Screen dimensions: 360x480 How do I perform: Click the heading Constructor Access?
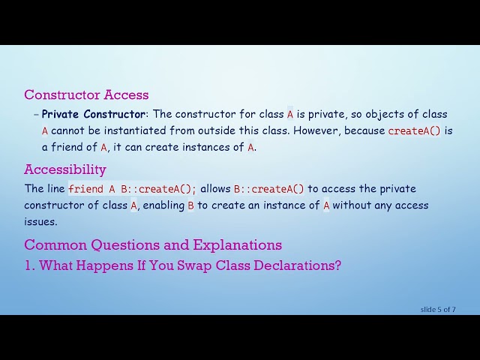coord(86,94)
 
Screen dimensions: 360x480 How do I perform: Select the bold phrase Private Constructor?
coord(94,114)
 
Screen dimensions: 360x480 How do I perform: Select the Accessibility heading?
coord(65,169)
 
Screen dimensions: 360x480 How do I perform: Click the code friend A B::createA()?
coord(132,189)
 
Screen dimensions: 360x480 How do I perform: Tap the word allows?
coord(215,189)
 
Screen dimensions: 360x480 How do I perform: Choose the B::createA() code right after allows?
coord(269,189)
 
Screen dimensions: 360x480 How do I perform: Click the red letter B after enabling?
coord(190,205)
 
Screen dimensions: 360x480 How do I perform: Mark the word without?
coord(353,205)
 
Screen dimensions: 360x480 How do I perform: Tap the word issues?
coord(40,221)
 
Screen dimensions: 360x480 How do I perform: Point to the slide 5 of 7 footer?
coord(437,309)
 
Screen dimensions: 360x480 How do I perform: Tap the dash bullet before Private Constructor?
coord(36,114)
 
